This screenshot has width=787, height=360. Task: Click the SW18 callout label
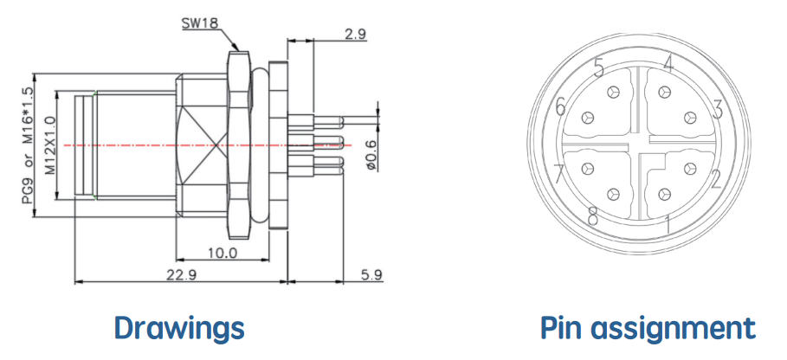coord(200,23)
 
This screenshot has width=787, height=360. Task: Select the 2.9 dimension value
coord(355,34)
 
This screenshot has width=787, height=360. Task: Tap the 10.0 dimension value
coord(222,253)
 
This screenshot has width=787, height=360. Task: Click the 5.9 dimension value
coord(371,274)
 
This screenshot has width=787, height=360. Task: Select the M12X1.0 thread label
coord(49,145)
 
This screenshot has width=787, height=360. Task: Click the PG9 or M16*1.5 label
coord(27,145)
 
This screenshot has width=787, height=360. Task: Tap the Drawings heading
coord(179,328)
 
